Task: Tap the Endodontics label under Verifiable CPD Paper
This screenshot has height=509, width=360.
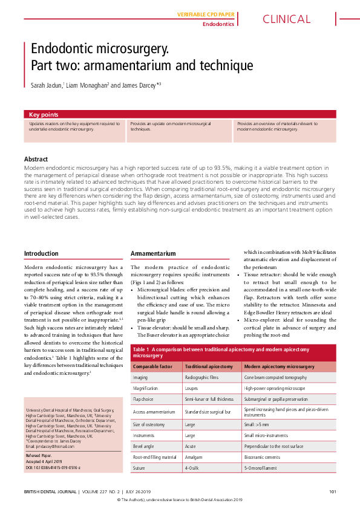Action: coord(218,24)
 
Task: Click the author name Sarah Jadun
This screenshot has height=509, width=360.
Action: coord(47,86)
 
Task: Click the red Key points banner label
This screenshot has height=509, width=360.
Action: coord(44,114)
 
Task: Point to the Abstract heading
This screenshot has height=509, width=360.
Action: coord(37,160)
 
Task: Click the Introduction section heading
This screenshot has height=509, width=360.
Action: coord(41,253)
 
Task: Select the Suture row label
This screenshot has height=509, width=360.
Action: coord(140,468)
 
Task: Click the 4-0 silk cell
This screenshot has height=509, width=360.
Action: coord(193,468)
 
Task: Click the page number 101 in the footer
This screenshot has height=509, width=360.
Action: coord(333,491)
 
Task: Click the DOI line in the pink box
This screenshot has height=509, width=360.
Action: coord(53,468)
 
